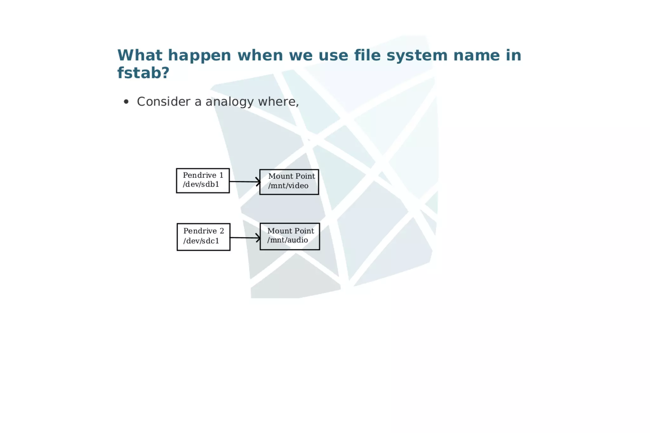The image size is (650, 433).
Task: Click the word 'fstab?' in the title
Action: click(143, 73)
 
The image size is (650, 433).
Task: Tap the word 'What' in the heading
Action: click(140, 55)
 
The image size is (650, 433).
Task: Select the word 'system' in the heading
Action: click(417, 56)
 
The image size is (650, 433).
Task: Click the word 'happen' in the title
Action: click(199, 56)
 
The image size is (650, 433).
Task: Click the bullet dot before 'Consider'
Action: click(126, 102)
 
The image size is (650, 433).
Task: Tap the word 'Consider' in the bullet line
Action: click(163, 102)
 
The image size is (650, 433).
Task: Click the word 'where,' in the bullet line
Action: click(278, 102)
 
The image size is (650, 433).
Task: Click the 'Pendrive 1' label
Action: click(203, 175)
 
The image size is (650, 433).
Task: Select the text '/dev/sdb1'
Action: click(201, 184)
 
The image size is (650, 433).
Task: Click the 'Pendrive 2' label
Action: click(203, 231)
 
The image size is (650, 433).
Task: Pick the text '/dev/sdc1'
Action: click(201, 241)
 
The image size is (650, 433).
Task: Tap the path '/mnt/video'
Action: click(288, 186)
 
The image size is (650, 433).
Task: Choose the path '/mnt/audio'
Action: click(287, 240)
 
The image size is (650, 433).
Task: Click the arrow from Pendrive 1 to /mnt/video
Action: click(244, 182)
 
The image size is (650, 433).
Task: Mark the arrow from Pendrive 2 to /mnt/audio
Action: click(245, 238)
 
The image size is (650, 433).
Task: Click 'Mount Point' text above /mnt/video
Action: click(291, 176)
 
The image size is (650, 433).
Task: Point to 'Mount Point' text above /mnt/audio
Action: click(290, 231)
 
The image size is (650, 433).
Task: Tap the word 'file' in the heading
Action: click(367, 55)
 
